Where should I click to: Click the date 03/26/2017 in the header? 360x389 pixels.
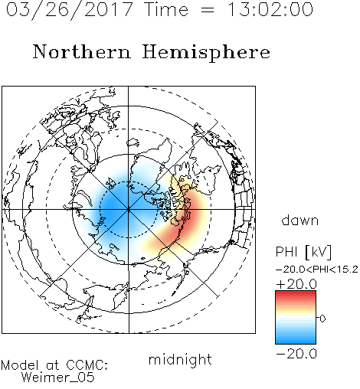click(x=70, y=10)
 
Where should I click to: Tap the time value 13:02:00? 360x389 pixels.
click(x=270, y=9)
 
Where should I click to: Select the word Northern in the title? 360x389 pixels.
click(x=82, y=51)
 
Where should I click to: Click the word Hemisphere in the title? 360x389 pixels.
click(x=206, y=53)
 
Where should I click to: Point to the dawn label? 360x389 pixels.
click(x=300, y=220)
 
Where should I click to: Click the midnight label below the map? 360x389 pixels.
click(x=180, y=359)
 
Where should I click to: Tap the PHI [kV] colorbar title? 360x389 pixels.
click(x=303, y=252)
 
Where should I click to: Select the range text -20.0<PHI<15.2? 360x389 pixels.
click(x=317, y=270)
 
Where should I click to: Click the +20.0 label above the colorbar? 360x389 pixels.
click(x=296, y=284)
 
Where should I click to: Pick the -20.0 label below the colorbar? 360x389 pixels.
click(x=296, y=355)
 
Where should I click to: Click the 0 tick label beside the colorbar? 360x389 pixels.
click(x=322, y=319)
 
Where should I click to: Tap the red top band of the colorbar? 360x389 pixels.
click(x=296, y=294)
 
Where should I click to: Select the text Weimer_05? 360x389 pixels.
click(x=58, y=378)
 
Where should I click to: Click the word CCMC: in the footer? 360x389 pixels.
click(x=87, y=365)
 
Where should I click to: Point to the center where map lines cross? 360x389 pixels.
click(x=129, y=210)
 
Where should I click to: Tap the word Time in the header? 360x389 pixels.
click(x=166, y=9)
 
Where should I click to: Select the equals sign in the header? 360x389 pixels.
click(x=207, y=10)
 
